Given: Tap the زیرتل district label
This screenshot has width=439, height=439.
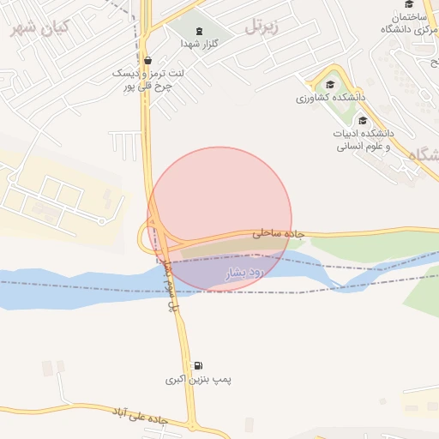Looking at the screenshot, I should [x=263, y=27].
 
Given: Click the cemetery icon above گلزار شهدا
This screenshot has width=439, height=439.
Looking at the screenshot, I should [x=200, y=31].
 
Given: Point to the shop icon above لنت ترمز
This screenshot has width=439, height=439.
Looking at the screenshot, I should [x=149, y=61].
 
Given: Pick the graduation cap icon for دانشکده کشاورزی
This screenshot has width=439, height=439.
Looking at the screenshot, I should [x=330, y=84].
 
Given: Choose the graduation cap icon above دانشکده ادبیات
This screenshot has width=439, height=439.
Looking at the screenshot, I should [x=362, y=120].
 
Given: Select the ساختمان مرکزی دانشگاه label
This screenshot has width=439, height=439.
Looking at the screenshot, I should [x=406, y=23].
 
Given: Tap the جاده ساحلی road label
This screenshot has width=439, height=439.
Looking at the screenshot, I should [x=274, y=232].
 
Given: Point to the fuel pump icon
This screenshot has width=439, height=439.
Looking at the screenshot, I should [x=198, y=365].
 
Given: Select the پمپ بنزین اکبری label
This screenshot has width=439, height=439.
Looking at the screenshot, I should [x=200, y=378].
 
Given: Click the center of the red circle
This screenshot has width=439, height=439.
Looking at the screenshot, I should [x=219, y=219].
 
